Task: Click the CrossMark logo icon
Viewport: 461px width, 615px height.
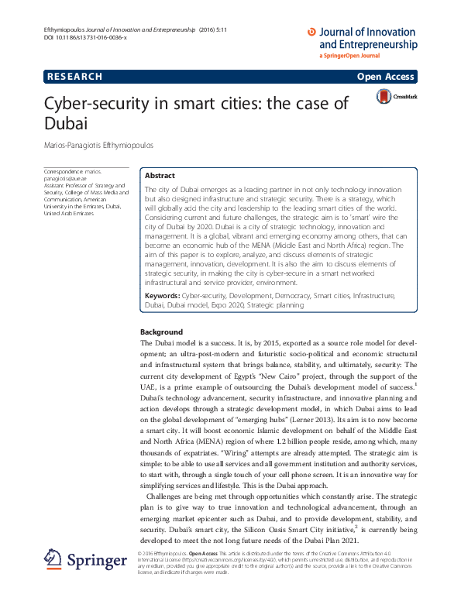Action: click(384, 96)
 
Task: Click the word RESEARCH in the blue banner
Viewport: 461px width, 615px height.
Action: click(74, 76)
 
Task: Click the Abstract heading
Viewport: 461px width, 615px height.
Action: click(160, 176)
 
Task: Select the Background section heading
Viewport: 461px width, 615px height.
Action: click(161, 332)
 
